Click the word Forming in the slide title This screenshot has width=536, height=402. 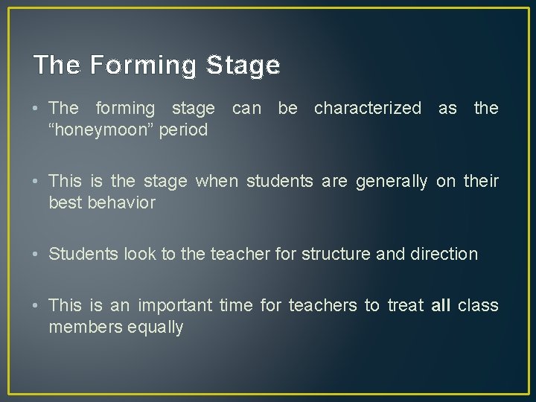[144, 66]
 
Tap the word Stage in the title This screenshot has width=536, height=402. [243, 66]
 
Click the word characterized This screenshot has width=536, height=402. [367, 109]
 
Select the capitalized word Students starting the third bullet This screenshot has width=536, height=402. [80, 254]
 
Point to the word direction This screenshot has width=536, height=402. [444, 254]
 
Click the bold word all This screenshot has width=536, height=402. [440, 306]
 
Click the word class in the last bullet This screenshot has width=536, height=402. [478, 306]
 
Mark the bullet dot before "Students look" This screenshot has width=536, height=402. [37, 254]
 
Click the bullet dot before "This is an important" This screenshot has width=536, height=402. [37, 306]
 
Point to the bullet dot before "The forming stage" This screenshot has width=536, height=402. [37, 109]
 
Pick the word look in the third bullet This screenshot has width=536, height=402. [130, 254]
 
